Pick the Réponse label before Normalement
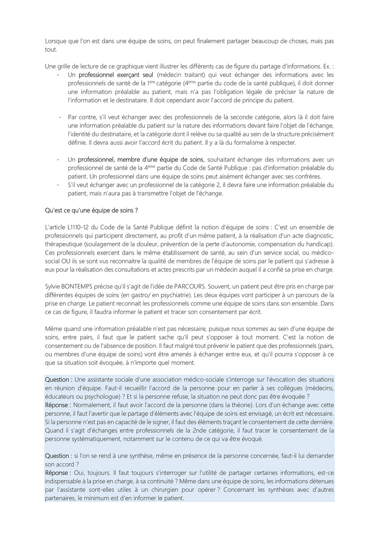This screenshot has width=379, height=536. [58, 405]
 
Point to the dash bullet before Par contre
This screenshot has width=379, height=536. [60, 117]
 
